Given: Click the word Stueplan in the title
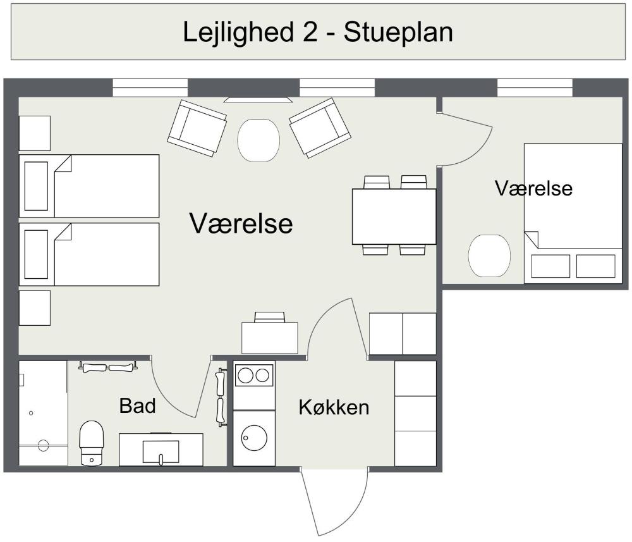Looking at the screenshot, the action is click(398, 32).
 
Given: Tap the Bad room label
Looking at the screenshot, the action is click(137, 405).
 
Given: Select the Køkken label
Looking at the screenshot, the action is click(334, 407).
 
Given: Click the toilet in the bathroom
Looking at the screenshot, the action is click(92, 443).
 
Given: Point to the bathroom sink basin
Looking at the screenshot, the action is click(161, 452).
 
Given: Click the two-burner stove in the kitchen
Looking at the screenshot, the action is click(254, 376).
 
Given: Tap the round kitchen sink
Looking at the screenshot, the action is click(254, 438).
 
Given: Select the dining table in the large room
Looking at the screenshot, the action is click(394, 216).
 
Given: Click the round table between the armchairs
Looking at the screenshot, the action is click(258, 140).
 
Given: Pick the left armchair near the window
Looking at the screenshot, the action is click(197, 128).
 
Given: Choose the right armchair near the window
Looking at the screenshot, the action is click(320, 128).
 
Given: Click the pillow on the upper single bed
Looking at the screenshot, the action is click(36, 186).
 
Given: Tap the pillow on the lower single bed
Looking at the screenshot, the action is click(36, 254).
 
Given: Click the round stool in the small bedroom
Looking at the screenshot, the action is click(489, 256).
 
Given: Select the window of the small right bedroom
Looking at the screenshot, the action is click(535, 88).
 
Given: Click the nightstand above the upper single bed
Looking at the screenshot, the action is click(35, 133).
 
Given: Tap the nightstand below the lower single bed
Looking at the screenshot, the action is click(35, 308).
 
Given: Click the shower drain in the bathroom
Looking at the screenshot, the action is click(43, 446).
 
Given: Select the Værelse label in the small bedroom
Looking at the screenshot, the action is click(533, 188).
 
